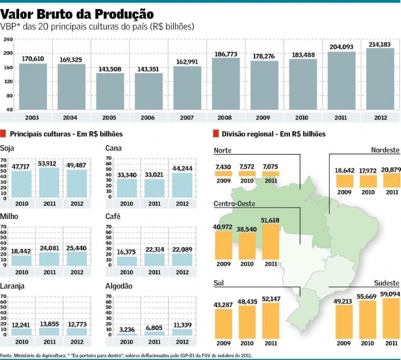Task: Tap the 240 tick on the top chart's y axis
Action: tap(8, 40)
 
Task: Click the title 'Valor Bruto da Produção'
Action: tap(77, 13)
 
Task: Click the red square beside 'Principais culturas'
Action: tap(4, 134)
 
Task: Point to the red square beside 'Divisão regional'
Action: tap(215, 134)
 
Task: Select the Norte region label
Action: tap(223, 150)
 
